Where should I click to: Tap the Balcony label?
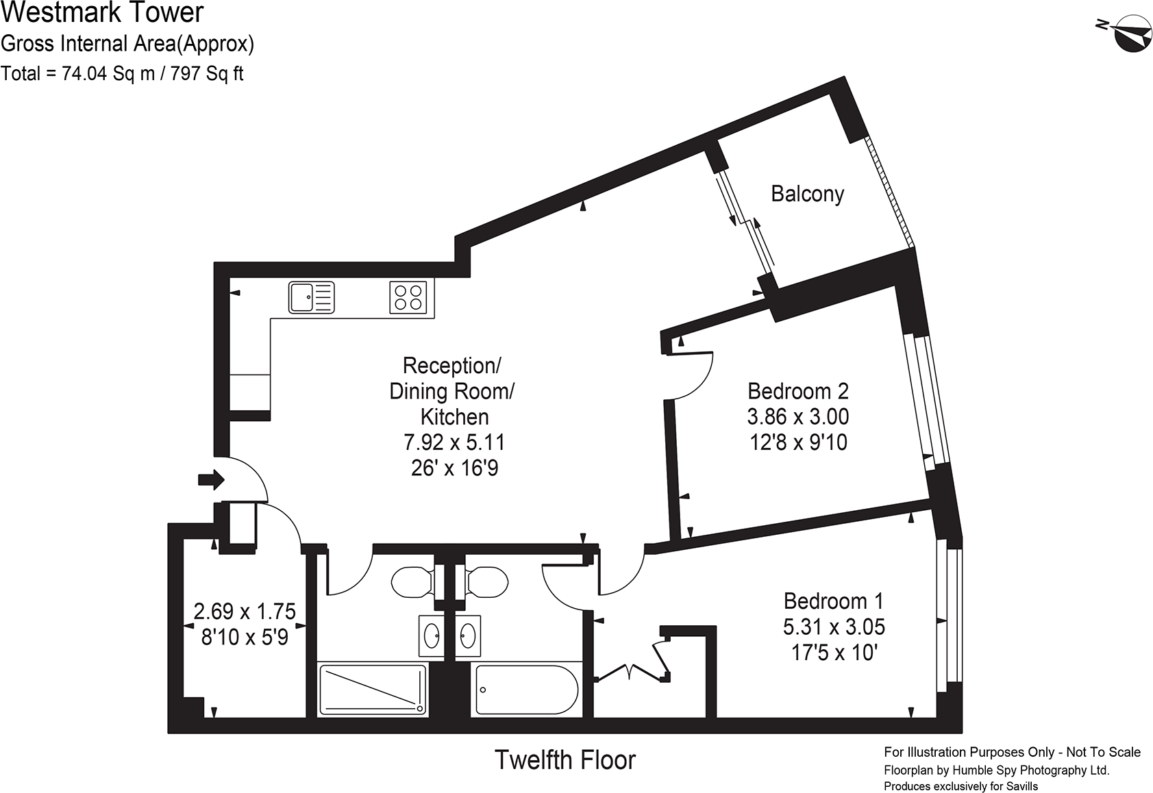pos(807,194)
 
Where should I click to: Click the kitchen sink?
pos(311,297)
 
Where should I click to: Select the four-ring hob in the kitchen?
pos(408,297)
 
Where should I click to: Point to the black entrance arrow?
pos(211,479)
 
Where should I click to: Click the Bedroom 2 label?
pos(798,391)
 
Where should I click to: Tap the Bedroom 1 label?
pos(833,601)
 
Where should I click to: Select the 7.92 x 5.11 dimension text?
pos(454,442)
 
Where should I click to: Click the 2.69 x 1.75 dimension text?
pos(245,612)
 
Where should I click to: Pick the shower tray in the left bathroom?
pos(373,690)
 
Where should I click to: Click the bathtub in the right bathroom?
pos(527,690)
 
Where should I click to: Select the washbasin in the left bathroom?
pos(432,636)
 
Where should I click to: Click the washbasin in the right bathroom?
pos(468,636)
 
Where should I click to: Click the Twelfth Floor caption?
pos(565,760)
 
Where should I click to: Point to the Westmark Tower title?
pos(102,12)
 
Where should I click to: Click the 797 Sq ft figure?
pos(207,73)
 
